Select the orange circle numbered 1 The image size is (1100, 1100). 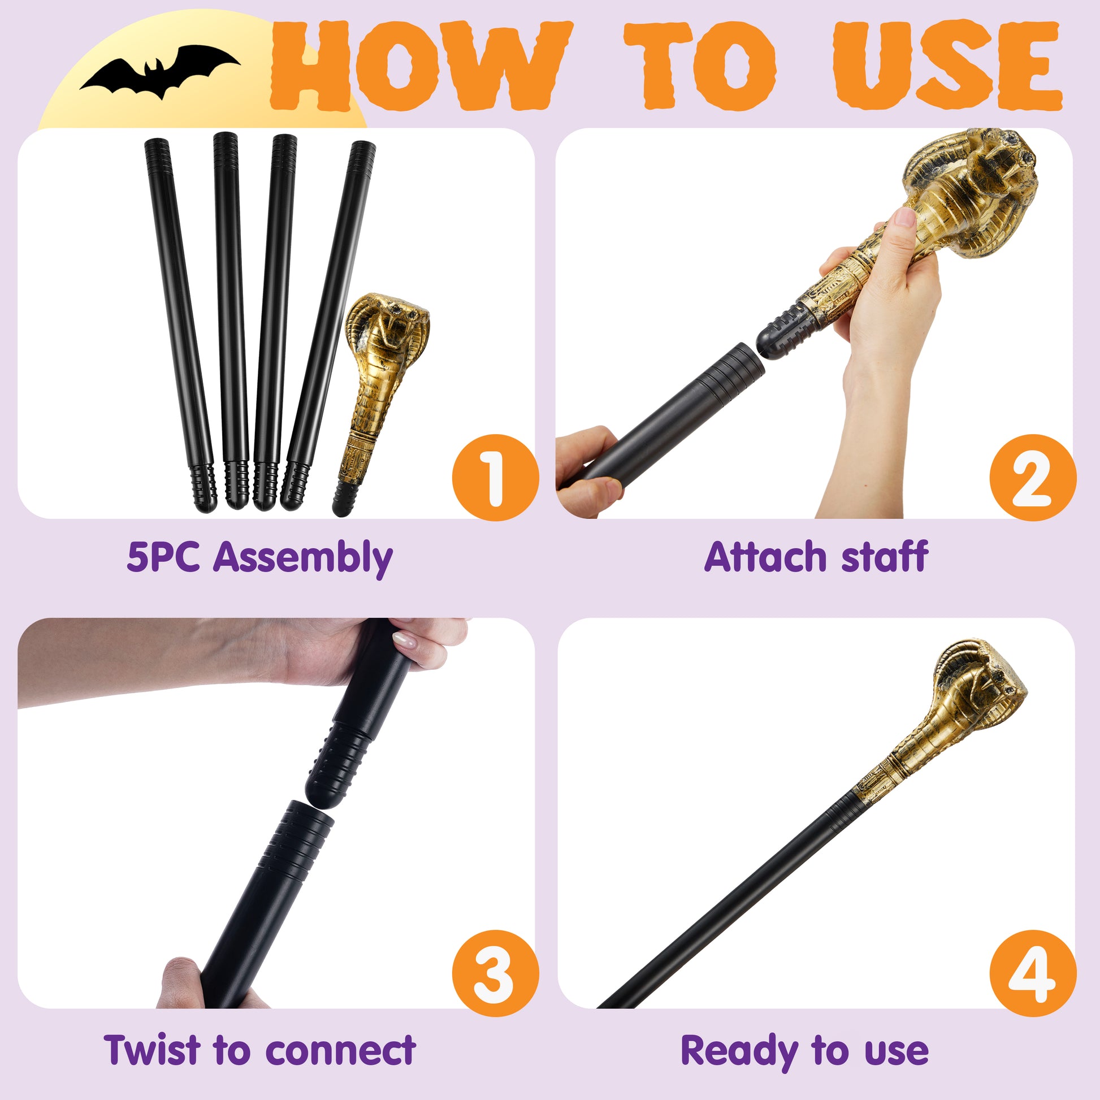(x=495, y=477)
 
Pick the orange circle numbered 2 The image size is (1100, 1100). (x=1032, y=477)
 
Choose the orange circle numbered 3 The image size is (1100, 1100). (x=495, y=973)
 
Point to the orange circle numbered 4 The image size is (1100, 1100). (x=1032, y=973)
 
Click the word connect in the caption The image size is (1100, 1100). (x=340, y=1050)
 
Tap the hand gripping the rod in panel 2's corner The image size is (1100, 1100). (x=586, y=470)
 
